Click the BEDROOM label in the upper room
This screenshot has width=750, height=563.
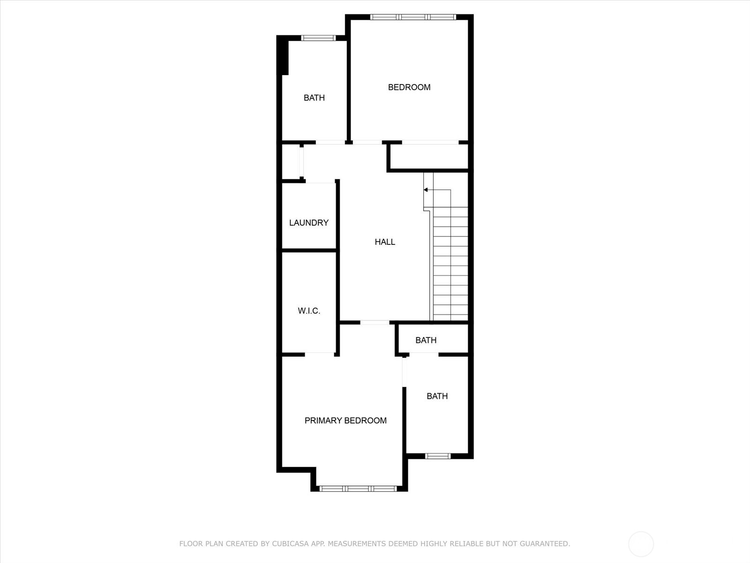tap(409, 87)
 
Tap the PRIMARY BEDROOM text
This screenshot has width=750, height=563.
tap(345, 421)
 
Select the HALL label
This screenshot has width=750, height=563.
tap(385, 242)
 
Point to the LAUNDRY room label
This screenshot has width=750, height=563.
tap(308, 223)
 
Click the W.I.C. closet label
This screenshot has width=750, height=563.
tap(309, 311)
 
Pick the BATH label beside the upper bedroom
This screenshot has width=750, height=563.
tap(314, 98)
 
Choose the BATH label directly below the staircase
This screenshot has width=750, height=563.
tap(426, 340)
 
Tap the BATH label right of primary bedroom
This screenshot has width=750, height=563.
tap(437, 396)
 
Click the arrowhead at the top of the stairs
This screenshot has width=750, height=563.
tap(426, 190)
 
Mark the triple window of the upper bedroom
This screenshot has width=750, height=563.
tap(412, 17)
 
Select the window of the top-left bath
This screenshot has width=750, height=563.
tap(318, 38)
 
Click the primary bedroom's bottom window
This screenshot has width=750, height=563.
tap(358, 488)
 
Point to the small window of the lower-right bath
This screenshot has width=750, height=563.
tap(437, 456)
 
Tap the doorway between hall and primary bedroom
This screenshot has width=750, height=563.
tap(375, 322)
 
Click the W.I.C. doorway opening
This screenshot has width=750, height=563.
tap(319, 354)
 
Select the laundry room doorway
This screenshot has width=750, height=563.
tap(320, 182)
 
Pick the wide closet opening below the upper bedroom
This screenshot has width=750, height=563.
tap(430, 142)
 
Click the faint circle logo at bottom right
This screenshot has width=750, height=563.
tap(641, 544)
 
